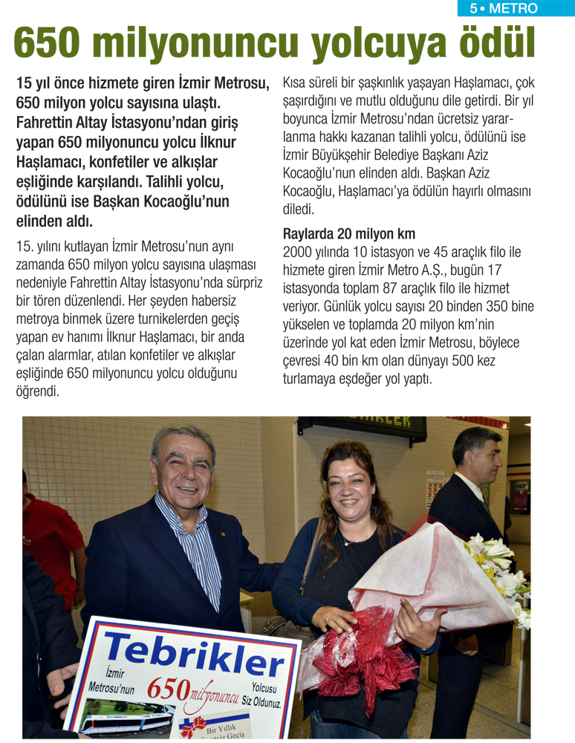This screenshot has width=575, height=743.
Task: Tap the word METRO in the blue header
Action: click(x=513, y=9)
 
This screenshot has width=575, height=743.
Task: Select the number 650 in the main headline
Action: click(x=51, y=43)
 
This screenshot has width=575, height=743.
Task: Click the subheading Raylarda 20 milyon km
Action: click(x=349, y=233)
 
